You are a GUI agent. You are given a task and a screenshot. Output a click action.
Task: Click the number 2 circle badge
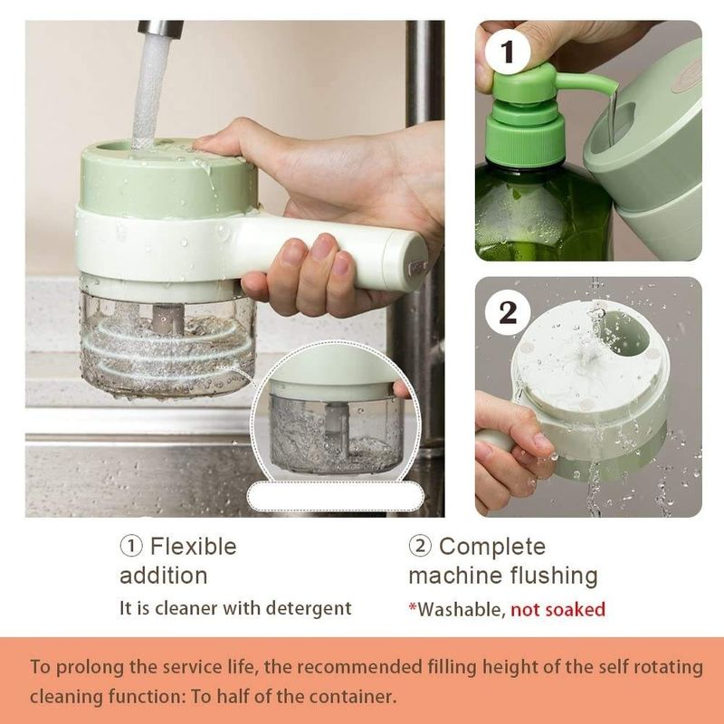pos(509,313)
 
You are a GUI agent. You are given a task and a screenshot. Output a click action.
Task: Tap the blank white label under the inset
pos(336,495)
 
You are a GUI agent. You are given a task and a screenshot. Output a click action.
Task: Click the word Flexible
pos(193,547)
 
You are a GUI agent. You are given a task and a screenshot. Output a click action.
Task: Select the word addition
pos(163,576)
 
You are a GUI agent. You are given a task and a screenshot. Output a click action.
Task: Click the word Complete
pos(492,547)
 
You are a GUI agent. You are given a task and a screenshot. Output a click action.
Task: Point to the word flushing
pos(551,576)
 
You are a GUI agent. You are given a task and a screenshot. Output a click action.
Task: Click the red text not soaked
pos(557,609)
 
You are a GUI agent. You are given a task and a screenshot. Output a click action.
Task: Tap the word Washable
pos(457,609)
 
